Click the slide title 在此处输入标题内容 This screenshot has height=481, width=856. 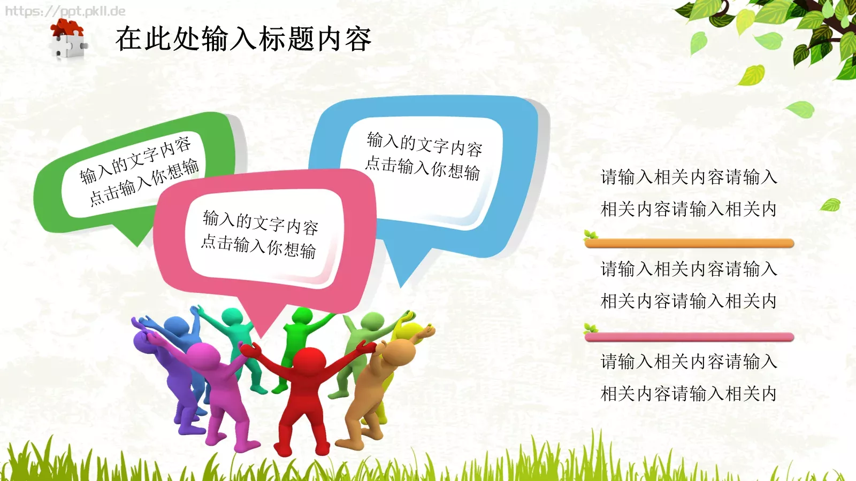pos(243,38)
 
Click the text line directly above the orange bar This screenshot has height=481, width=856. pos(689,209)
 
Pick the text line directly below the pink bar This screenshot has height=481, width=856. pos(689,362)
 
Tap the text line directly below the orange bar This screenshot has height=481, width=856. pos(689,269)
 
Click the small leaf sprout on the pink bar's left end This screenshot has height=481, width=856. pos(591,328)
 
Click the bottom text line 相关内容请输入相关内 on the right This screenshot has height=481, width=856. pos(689,394)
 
